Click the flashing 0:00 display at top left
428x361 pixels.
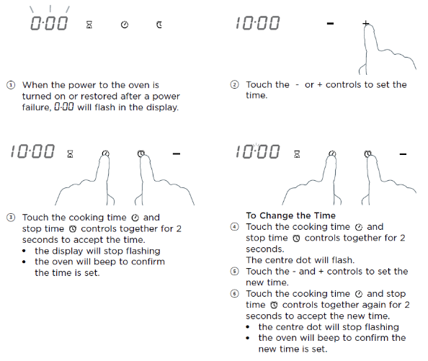[49, 23]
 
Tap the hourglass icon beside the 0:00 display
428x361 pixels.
[89, 24]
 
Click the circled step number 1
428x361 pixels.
[11, 85]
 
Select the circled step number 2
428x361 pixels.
[234, 84]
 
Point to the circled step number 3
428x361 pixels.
[11, 218]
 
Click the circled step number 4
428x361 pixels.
[234, 227]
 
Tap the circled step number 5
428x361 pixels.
[234, 272]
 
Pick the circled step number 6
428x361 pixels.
[234, 294]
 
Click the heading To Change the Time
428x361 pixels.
[290, 215]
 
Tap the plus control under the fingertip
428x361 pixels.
[366, 24]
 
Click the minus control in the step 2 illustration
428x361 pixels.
[330, 24]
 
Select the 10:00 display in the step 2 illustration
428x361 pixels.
[258, 23]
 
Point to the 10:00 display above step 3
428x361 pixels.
[32, 151]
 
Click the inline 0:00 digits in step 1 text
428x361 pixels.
[64, 107]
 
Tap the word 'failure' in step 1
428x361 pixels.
[37, 107]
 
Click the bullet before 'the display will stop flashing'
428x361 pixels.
[24, 251]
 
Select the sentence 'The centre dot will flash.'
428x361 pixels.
[300, 260]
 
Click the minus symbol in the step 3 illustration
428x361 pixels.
[177, 154]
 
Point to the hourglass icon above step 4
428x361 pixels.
[297, 154]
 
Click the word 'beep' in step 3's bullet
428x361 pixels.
[107, 262]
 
